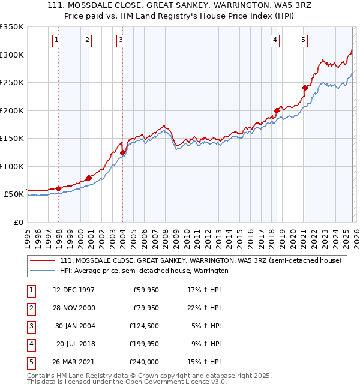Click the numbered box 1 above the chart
[56, 40]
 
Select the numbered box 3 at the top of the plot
[121, 40]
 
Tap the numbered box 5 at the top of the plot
[303, 40]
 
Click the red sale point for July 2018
[277, 110]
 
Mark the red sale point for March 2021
[305, 88]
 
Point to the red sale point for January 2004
[122, 152]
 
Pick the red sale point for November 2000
[89, 178]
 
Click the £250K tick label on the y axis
[12, 82]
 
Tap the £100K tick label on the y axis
[12, 166]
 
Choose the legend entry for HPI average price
[144, 271]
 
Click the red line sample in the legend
[42, 260]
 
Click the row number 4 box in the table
[30, 344]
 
